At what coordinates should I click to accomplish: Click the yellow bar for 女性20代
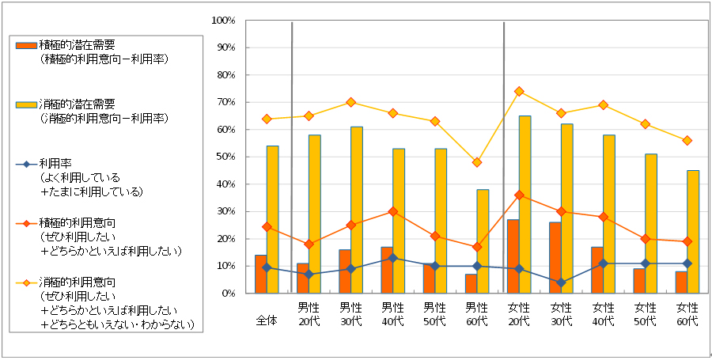(525, 204)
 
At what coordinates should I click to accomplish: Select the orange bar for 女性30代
(555, 257)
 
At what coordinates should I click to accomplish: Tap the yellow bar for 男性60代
(483, 241)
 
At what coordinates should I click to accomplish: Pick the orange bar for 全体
(260, 274)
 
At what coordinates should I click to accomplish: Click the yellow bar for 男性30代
(357, 210)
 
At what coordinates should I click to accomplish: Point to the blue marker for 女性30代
(561, 282)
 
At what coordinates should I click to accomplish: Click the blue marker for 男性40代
(392, 258)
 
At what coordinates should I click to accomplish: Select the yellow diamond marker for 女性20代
(519, 91)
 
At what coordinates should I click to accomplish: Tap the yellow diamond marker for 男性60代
(476, 162)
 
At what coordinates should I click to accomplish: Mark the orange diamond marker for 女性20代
(519, 195)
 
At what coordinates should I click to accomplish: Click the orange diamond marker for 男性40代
(392, 211)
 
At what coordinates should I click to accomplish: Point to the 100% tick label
(225, 21)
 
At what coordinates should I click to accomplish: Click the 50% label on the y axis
(227, 157)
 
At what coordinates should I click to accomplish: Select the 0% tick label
(229, 294)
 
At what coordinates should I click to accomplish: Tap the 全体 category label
(266, 320)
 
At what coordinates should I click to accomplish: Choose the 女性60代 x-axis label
(687, 313)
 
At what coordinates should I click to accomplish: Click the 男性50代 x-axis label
(434, 313)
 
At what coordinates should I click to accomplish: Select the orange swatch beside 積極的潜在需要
(26, 45)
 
